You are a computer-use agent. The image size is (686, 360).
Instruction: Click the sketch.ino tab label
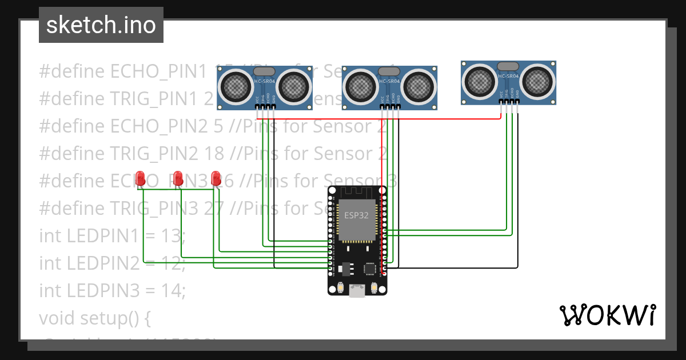[x=101, y=25]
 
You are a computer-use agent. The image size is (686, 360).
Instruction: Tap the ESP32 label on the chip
[x=356, y=215]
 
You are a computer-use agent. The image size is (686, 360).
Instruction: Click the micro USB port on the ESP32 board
[x=357, y=290]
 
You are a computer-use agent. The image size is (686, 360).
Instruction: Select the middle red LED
[x=178, y=178]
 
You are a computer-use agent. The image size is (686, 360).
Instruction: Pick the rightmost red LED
[x=216, y=178]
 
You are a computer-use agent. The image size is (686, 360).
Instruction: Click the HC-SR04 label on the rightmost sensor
[x=508, y=76]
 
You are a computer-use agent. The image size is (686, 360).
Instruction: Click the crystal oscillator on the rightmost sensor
[x=508, y=66]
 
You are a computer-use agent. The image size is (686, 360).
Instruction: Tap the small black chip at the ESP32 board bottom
[x=370, y=267]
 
